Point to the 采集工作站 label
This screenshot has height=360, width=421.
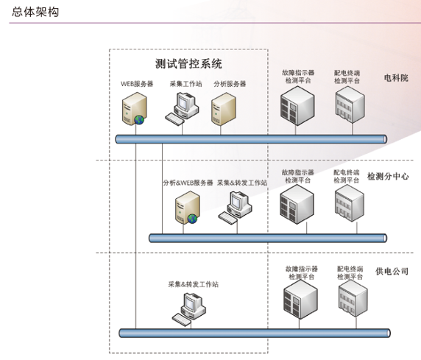(x=185, y=84)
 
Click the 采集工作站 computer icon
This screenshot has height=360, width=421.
(x=183, y=110)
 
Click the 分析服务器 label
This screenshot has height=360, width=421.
(x=229, y=84)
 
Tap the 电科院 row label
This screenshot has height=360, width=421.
(x=395, y=77)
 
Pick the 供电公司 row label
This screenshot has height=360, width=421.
(x=392, y=272)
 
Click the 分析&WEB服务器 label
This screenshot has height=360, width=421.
(x=188, y=182)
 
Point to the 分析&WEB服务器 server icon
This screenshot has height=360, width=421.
(x=186, y=207)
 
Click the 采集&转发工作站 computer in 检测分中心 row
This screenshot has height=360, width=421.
(x=235, y=207)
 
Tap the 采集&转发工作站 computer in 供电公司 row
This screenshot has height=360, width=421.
(x=190, y=307)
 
